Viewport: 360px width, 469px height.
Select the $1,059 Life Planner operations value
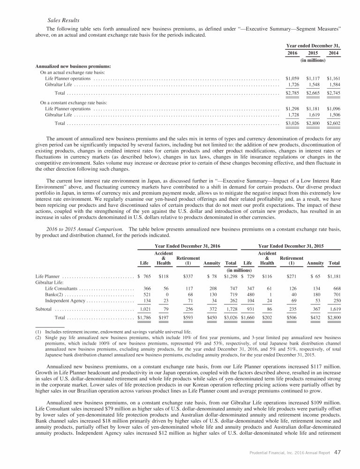pos(292,78)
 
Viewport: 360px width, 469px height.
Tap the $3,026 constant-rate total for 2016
pos(292,123)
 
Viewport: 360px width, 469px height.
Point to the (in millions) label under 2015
pos(313,61)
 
